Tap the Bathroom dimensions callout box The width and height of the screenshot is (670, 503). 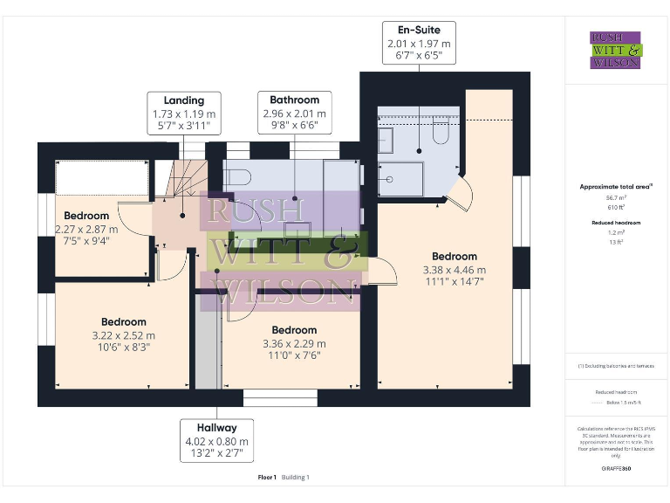tap(294, 113)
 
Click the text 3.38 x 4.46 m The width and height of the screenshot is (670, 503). tap(454, 269)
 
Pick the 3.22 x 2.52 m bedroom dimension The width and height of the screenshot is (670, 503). tap(123, 334)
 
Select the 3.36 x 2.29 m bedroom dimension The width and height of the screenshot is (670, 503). tap(294, 343)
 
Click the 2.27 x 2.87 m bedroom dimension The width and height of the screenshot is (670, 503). tap(86, 229)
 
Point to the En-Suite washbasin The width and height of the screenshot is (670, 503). tap(386, 139)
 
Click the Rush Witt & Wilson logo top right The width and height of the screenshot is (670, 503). tap(615, 50)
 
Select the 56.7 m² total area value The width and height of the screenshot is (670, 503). tap(615, 198)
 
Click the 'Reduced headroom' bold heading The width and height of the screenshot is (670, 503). tap(615, 223)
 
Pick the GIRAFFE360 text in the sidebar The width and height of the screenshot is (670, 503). tap(615, 469)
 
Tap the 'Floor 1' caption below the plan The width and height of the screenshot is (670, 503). tap(267, 478)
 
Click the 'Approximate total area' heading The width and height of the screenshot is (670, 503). tap(615, 186)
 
